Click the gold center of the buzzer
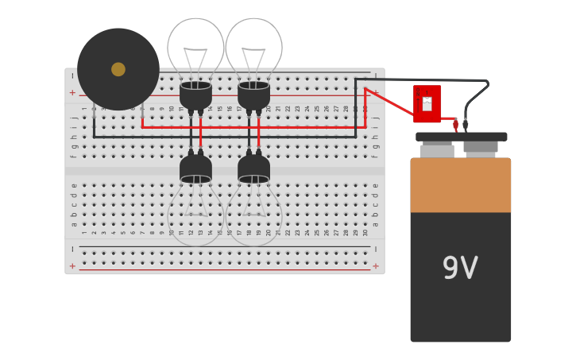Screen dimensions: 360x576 (x=118, y=69)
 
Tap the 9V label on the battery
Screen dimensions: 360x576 (x=460, y=269)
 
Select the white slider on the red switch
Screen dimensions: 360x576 (x=427, y=103)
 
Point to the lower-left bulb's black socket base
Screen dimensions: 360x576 (x=195, y=168)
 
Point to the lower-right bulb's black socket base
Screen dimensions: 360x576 (x=253, y=168)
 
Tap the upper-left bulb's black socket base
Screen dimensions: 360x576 (x=195, y=95)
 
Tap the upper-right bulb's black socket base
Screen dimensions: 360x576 (x=253, y=95)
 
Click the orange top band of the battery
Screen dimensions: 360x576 (x=460, y=186)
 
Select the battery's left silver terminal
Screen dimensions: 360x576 (x=437, y=150)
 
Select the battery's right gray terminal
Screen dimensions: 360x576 (x=481, y=147)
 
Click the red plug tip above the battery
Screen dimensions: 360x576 (x=455, y=125)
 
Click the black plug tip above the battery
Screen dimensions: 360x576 (x=466, y=125)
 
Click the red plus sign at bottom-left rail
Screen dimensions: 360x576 (x=73, y=266)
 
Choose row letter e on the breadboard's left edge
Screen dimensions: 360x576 (x=74, y=185)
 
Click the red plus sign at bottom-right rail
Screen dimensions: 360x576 (x=375, y=266)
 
